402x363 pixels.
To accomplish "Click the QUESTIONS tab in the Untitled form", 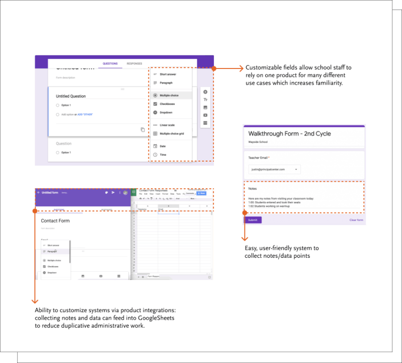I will (x=110, y=64).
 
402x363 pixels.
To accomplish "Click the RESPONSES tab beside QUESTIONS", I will (x=134, y=64).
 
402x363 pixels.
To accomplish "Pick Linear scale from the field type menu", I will (x=168, y=125).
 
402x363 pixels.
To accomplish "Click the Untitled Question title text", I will (x=71, y=96).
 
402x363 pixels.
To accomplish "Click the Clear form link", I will (x=356, y=220).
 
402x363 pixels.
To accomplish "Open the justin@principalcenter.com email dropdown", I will (x=274, y=170).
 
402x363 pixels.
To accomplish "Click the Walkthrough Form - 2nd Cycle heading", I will (x=289, y=134).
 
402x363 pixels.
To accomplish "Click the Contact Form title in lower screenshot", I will (x=55, y=221).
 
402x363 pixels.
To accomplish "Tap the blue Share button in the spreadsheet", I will (x=202, y=193).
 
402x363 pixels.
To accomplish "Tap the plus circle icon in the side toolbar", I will (x=205, y=92).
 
